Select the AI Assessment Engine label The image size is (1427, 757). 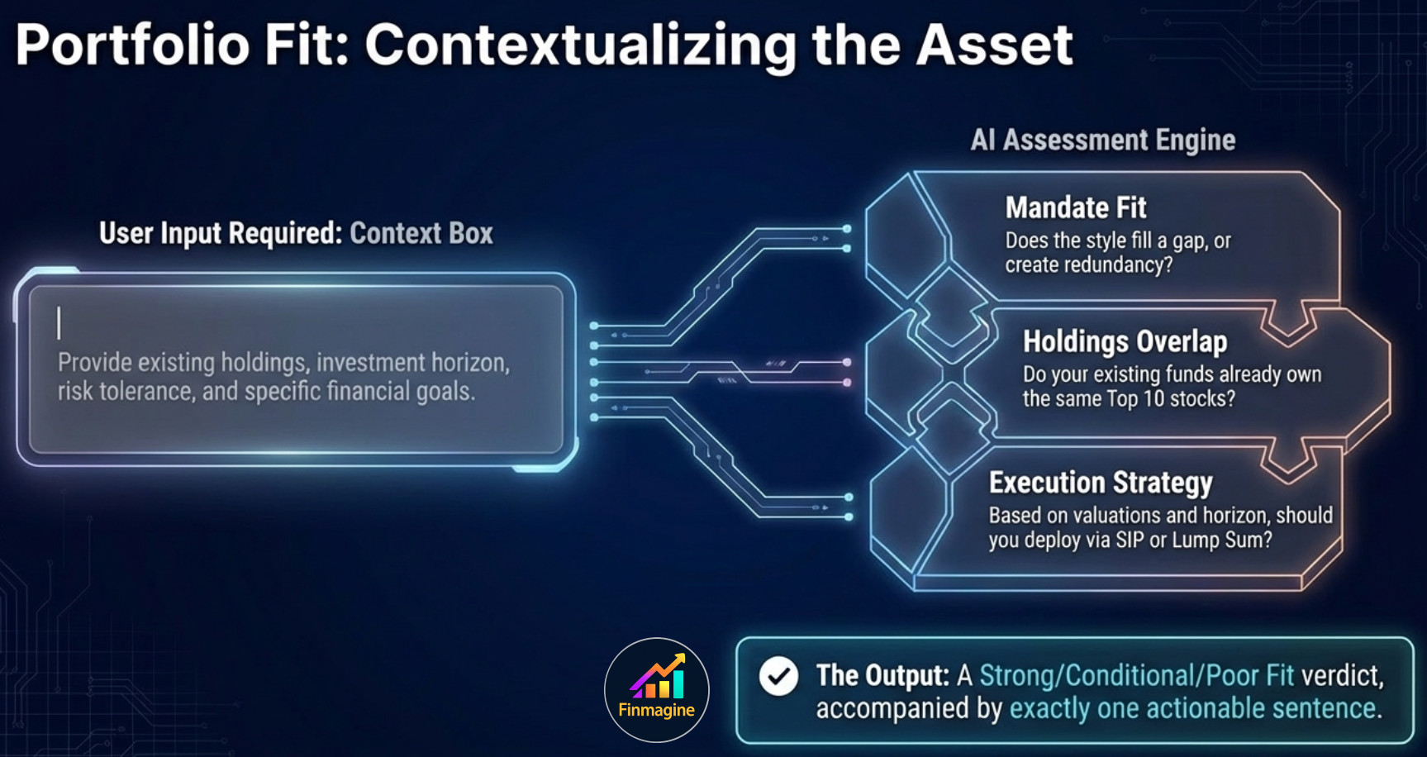(x=1103, y=140)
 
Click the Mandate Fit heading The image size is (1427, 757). (x=1076, y=207)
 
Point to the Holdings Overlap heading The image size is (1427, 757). (x=1125, y=341)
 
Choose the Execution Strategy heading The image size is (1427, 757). (x=1101, y=483)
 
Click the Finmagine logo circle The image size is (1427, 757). (x=657, y=690)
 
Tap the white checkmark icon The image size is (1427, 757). (x=778, y=676)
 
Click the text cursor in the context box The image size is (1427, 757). (x=59, y=323)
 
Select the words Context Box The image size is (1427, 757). (x=421, y=234)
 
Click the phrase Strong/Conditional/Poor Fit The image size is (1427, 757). (x=1136, y=676)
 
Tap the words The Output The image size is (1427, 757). (x=882, y=676)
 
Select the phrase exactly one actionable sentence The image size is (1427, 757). (x=1195, y=709)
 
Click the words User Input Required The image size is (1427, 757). (x=220, y=234)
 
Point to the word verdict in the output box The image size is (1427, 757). (x=1342, y=676)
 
